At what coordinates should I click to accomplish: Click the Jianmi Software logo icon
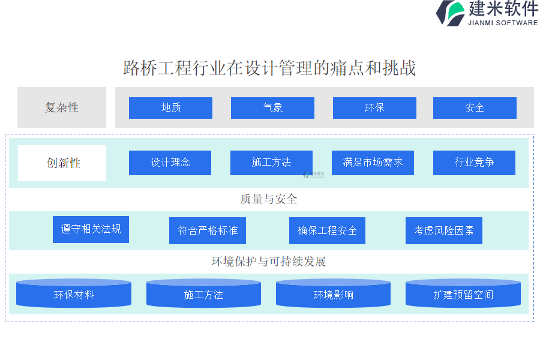(451, 13)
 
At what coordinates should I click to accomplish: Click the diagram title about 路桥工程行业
(269, 68)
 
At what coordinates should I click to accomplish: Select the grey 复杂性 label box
(62, 107)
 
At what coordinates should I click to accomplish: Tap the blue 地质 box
(170, 108)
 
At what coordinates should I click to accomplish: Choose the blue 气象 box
(272, 108)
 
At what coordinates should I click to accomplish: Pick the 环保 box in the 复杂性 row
(374, 108)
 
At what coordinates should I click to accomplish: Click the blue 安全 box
(475, 108)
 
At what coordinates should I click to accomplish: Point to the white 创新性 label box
(62, 163)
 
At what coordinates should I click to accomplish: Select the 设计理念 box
(170, 163)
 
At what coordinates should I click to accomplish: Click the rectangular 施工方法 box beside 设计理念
(271, 163)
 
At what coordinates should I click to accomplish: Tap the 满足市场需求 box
(373, 163)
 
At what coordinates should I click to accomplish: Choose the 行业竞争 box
(474, 163)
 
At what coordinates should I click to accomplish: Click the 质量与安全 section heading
(269, 199)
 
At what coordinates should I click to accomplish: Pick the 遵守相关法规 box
(91, 229)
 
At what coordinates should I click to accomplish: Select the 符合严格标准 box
(208, 230)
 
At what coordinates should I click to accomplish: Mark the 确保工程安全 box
(327, 230)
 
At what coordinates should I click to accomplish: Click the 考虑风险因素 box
(444, 230)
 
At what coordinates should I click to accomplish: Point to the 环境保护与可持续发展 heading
(269, 262)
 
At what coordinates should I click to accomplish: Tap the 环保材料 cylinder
(74, 293)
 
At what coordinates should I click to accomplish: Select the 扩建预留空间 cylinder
(463, 293)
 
